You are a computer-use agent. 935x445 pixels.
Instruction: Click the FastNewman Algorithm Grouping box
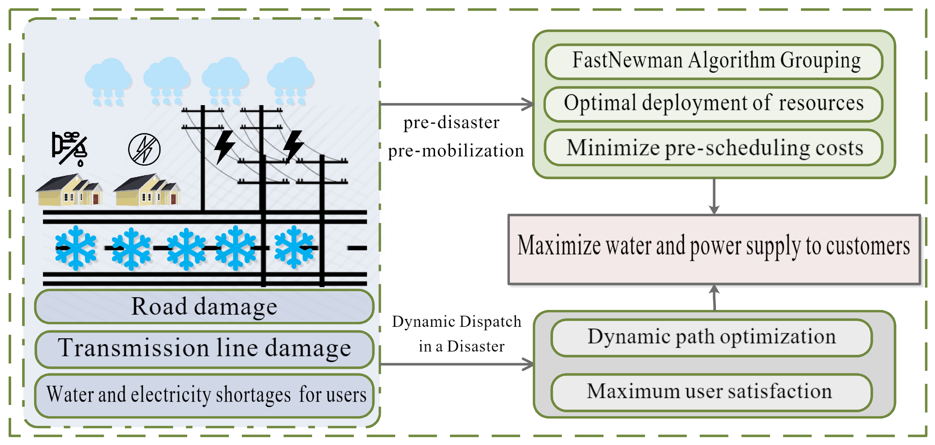click(x=714, y=61)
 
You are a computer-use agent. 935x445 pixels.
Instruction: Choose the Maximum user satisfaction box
click(x=711, y=392)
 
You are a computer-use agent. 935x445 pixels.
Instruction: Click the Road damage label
click(x=204, y=307)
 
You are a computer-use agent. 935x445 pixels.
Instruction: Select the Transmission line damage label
click(x=204, y=348)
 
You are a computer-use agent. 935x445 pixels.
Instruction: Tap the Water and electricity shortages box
click(x=204, y=395)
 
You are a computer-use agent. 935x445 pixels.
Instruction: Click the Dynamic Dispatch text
click(x=456, y=322)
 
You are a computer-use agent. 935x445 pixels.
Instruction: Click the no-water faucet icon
click(x=70, y=148)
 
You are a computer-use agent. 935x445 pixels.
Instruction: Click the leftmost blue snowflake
click(x=75, y=248)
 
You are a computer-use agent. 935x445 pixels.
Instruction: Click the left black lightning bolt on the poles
click(x=224, y=147)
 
